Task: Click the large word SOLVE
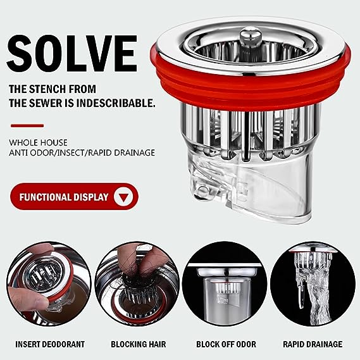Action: (72, 54)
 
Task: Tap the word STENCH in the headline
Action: (47, 89)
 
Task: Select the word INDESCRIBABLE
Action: (115, 103)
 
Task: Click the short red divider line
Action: (27, 125)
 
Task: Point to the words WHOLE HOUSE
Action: (38, 142)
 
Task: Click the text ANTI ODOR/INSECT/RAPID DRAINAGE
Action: (82, 152)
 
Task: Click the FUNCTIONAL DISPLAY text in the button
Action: (64, 197)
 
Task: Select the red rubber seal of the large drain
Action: (251, 87)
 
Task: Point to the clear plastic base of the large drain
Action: (251, 189)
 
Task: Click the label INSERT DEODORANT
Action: (50, 344)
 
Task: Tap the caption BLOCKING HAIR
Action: (138, 344)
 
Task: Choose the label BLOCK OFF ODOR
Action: (226, 344)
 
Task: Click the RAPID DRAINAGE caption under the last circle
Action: (313, 344)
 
